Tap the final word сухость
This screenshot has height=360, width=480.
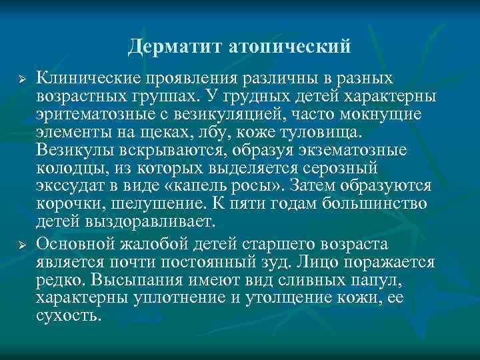coord(69,314)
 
